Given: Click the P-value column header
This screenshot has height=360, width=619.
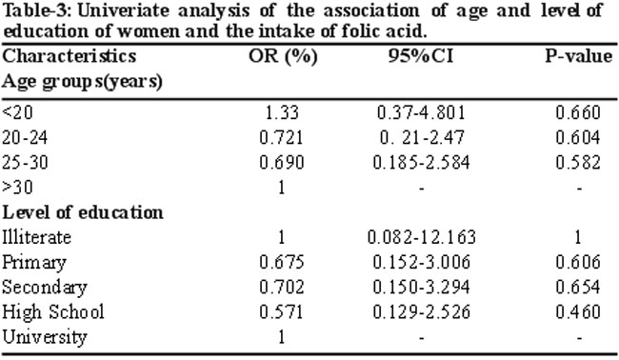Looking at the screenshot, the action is pyautogui.click(x=579, y=56).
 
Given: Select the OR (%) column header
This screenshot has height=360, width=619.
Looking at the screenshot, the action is pyautogui.click(x=283, y=56).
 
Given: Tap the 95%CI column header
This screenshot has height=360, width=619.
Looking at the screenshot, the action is pyautogui.click(x=421, y=56).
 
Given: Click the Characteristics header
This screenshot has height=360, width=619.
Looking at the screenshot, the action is pyautogui.click(x=70, y=56).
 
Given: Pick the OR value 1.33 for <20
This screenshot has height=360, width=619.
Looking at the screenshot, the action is pyautogui.click(x=282, y=113).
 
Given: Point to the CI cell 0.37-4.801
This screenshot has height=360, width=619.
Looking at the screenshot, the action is pyautogui.click(x=421, y=113).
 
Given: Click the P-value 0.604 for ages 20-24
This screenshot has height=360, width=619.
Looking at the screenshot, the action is pyautogui.click(x=578, y=138).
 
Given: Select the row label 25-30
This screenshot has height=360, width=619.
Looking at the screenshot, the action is pyautogui.click(x=25, y=163).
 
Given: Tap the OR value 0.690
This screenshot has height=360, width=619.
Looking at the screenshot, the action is pyautogui.click(x=282, y=163).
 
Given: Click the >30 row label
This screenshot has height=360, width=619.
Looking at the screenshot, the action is pyautogui.click(x=17, y=188).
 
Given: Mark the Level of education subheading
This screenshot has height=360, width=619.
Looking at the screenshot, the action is pyautogui.click(x=83, y=212).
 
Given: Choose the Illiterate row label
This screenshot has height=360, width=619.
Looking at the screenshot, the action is pyautogui.click(x=37, y=237).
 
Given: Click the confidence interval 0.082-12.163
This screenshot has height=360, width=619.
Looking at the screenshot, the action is pyautogui.click(x=422, y=237).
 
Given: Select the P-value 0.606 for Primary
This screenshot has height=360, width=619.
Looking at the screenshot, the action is pyautogui.click(x=578, y=262).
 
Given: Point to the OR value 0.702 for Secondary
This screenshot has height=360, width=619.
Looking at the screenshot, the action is pyautogui.click(x=282, y=287).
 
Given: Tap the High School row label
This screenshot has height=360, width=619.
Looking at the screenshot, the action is pyautogui.click(x=53, y=312).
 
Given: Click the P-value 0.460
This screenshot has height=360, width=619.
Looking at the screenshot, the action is pyautogui.click(x=578, y=311).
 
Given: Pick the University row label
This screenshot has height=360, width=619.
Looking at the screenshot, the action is pyautogui.click(x=45, y=337).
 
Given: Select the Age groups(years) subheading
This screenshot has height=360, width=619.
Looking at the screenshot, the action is pyautogui.click(x=83, y=82).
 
